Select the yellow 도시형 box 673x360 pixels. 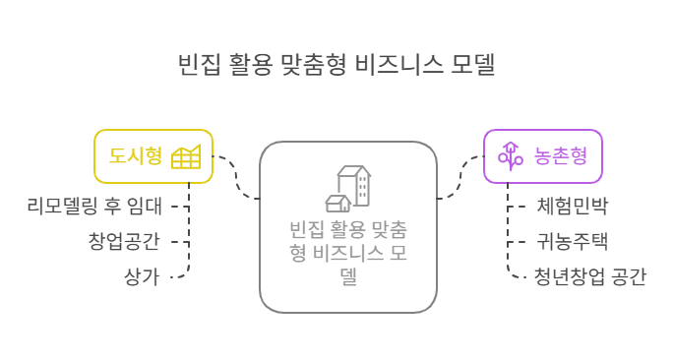coord(153,155)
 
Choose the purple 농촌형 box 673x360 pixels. coord(542,155)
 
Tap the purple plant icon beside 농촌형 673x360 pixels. coord(509,155)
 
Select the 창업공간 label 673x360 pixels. coord(124,241)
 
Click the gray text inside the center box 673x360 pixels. coord(348,253)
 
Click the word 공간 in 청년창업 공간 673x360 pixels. coord(628,276)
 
